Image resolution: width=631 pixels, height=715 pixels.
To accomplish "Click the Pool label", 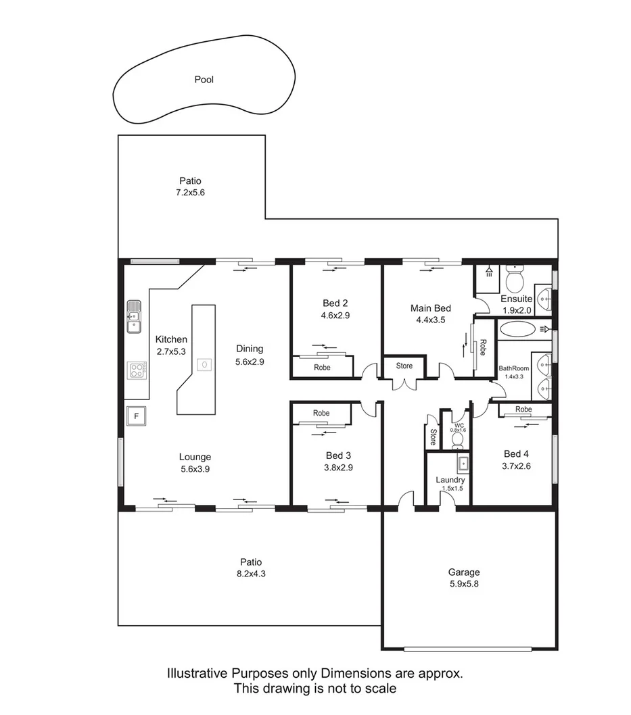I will point(204,80).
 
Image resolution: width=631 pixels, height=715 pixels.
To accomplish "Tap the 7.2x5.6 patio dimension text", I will point(190,193).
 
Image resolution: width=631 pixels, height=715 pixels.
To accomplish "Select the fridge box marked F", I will point(136,416).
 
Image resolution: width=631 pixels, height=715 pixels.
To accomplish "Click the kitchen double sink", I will point(134,318).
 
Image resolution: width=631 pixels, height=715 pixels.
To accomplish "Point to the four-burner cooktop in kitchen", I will point(137,370).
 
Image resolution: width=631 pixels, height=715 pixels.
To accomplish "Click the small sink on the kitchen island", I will point(202,365).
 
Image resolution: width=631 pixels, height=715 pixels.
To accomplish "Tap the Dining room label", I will point(250,349).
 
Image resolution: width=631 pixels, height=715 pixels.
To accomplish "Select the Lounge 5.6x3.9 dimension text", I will point(195,469).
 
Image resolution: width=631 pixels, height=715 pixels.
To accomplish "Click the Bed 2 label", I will point(335,303).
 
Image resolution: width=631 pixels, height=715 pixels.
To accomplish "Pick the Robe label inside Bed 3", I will point(321,413).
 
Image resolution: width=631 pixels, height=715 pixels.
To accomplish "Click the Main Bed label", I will point(430,308).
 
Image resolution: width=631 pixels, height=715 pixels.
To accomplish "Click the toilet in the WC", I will point(457,441).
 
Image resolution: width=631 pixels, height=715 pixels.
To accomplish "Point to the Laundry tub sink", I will point(464,464).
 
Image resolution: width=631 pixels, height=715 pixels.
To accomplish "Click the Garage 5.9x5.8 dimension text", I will point(464,585).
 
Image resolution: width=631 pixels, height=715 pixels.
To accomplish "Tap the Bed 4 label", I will point(517,453).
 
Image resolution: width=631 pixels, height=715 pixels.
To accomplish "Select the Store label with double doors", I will point(404,366).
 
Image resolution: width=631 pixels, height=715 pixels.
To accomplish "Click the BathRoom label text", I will point(514,368).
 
